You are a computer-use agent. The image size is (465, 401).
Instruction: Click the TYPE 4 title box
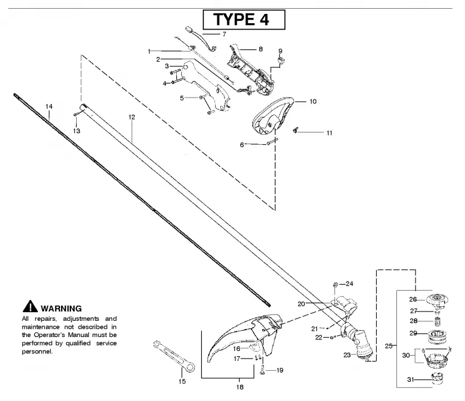pyautogui.click(x=244, y=20)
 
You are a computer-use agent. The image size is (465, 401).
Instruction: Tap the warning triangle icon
pyautogui.click(x=30, y=306)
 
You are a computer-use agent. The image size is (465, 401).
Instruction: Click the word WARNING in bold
pyautogui.click(x=61, y=309)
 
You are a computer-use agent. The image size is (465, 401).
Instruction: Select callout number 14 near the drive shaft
pyautogui.click(x=49, y=106)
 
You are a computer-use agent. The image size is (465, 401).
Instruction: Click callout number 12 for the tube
pyautogui.click(x=132, y=117)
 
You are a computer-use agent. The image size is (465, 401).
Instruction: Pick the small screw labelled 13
pyautogui.click(x=76, y=114)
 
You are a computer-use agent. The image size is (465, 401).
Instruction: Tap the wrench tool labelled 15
pyautogui.click(x=174, y=356)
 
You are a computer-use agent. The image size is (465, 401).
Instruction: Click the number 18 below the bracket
pyautogui.click(x=239, y=387)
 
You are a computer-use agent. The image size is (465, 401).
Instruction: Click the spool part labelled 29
pyautogui.click(x=438, y=337)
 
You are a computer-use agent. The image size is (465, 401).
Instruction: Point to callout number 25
pyautogui.click(x=389, y=346)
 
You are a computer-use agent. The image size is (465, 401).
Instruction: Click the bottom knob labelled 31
pyautogui.click(x=438, y=379)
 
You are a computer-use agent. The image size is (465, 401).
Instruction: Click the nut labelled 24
pyautogui.click(x=335, y=285)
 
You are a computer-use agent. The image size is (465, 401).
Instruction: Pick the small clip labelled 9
pyautogui.click(x=281, y=60)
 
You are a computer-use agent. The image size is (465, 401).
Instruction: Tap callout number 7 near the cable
pyautogui.click(x=224, y=34)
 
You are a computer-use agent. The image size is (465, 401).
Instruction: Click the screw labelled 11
pyautogui.click(x=295, y=130)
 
